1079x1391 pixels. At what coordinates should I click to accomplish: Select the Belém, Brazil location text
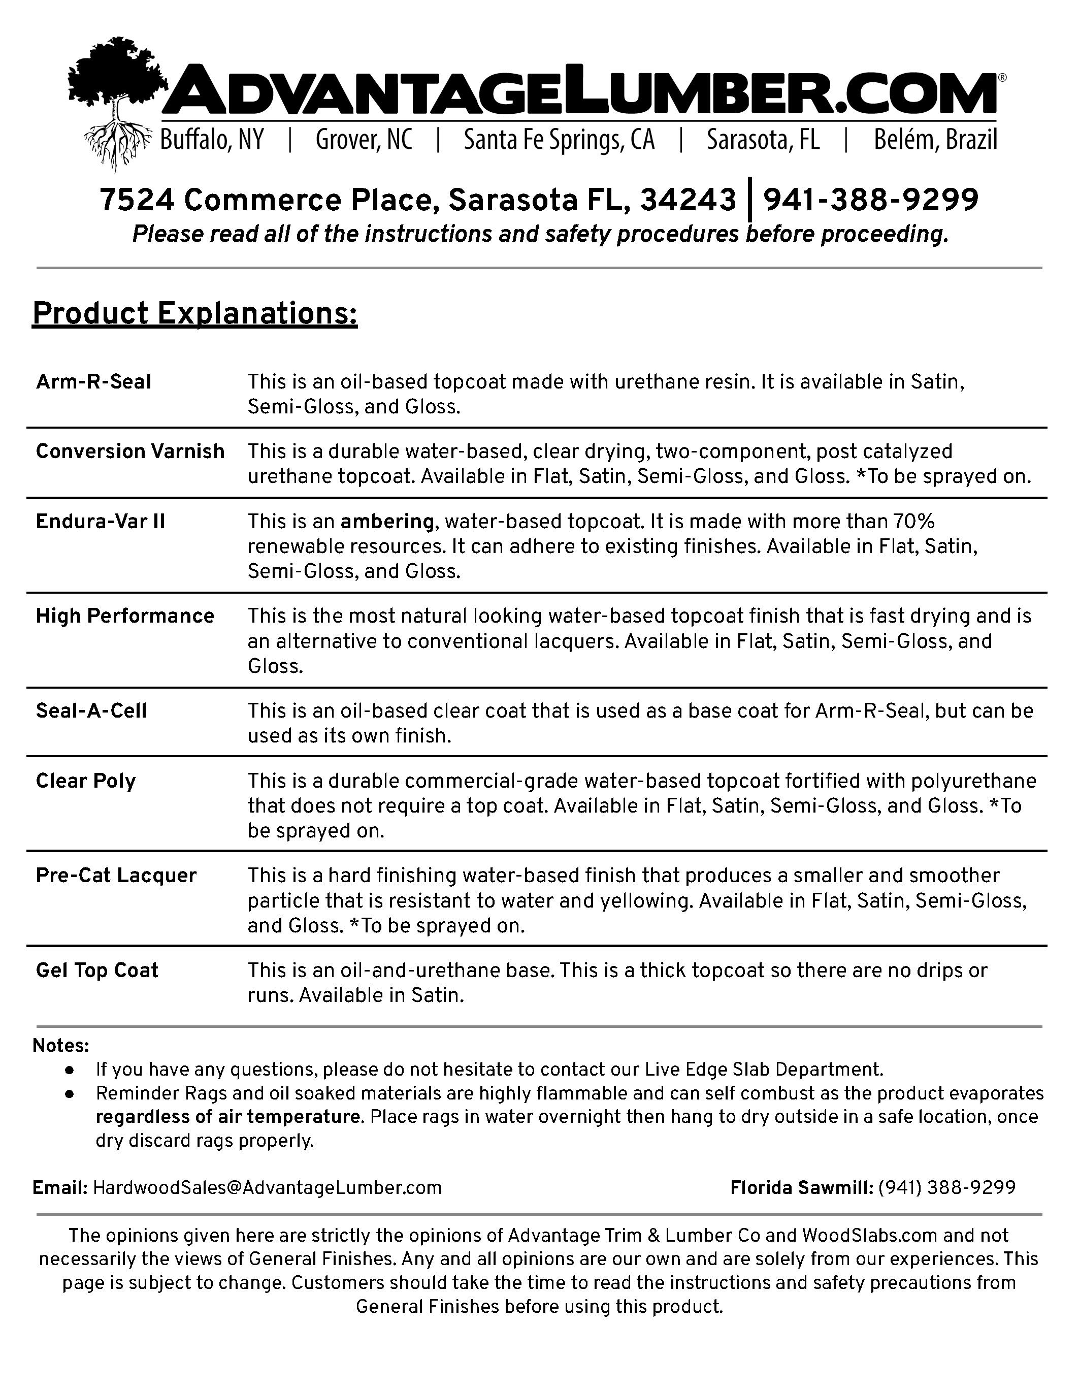(x=935, y=140)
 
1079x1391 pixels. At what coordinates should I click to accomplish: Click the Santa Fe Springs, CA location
(x=559, y=140)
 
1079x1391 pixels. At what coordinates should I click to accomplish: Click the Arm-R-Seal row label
(x=93, y=381)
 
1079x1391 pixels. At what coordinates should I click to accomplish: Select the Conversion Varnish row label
(x=130, y=451)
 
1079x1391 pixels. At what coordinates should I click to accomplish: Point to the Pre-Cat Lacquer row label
(x=116, y=875)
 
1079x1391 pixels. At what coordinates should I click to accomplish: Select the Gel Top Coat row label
(x=97, y=970)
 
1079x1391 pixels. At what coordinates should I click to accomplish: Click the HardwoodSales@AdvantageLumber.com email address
(x=267, y=1188)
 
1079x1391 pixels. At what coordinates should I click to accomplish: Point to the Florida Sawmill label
(x=801, y=1188)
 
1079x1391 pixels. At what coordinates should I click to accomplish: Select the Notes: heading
(x=61, y=1046)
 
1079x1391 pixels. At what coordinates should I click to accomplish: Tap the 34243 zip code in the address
(x=688, y=200)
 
